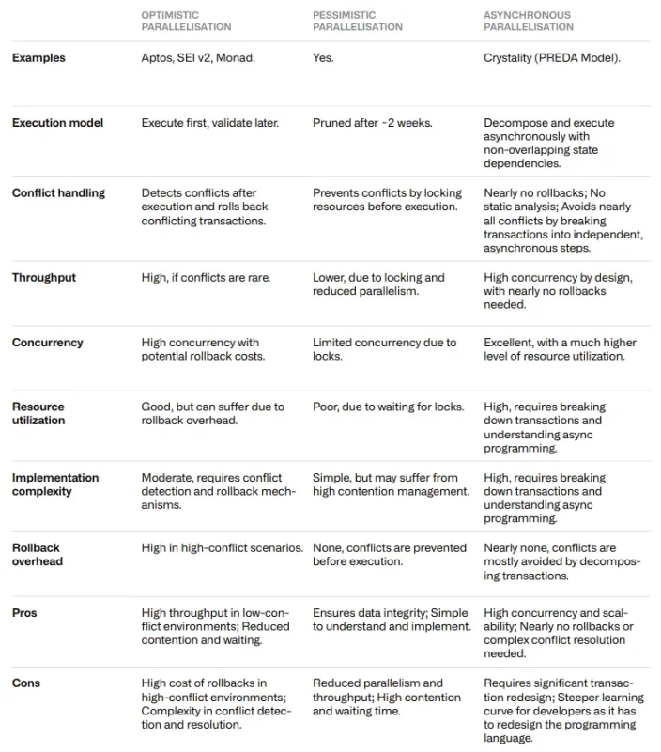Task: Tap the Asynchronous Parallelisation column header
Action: [x=528, y=21]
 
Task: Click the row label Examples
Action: [x=38, y=58]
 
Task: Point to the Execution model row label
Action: [x=57, y=123]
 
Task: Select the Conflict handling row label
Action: [x=58, y=193]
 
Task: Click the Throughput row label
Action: [x=44, y=278]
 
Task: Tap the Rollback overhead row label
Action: [x=38, y=554]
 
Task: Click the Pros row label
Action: [x=24, y=613]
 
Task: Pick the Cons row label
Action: [x=25, y=683]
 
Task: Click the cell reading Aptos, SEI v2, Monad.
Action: [x=198, y=58]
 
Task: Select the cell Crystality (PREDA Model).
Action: [x=552, y=58]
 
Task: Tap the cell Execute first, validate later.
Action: [x=209, y=123]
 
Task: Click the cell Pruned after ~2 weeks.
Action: [x=373, y=123]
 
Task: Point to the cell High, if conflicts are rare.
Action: [x=201, y=278]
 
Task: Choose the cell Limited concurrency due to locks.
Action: [x=384, y=349]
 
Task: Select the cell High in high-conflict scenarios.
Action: [x=223, y=547]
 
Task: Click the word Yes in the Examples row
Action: [x=323, y=58]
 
